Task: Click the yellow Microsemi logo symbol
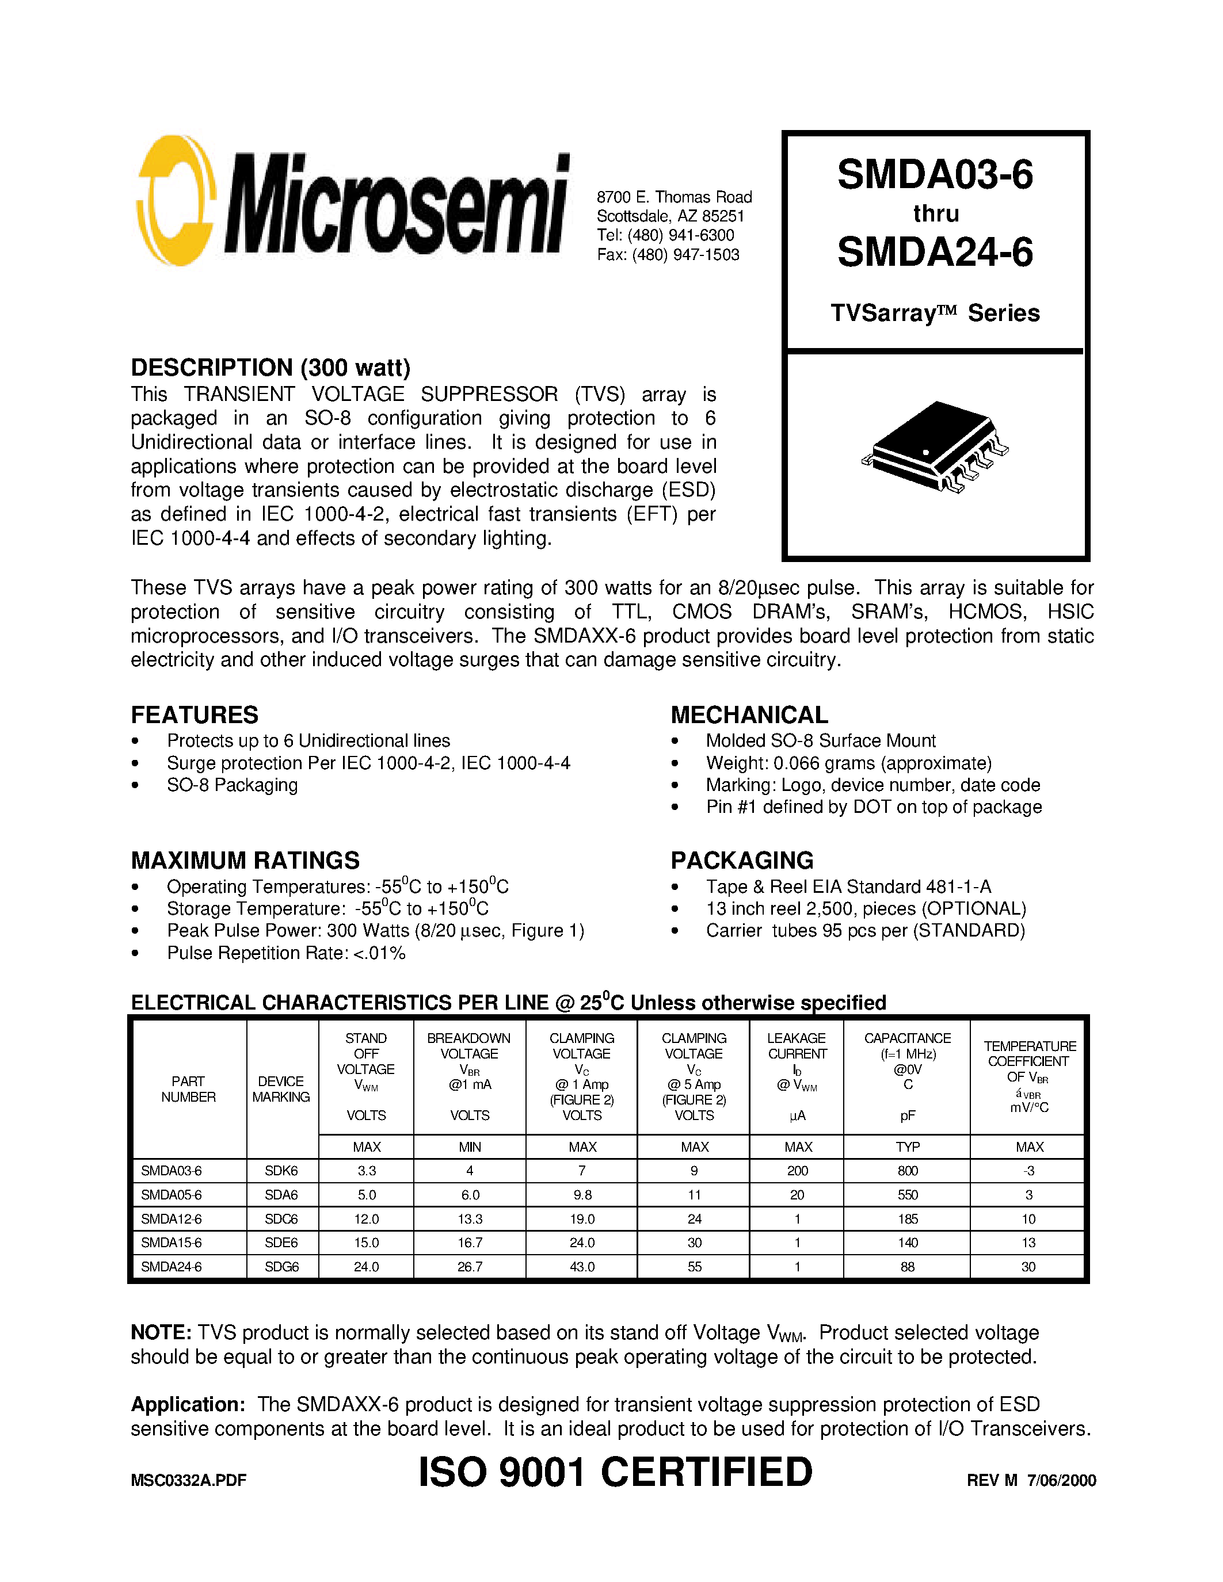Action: pyautogui.click(x=176, y=201)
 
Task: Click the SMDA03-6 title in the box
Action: pyautogui.click(x=935, y=175)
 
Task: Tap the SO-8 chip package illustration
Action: pyautogui.click(x=935, y=448)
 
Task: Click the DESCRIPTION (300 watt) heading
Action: pyautogui.click(x=270, y=368)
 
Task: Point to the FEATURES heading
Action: pyautogui.click(x=194, y=715)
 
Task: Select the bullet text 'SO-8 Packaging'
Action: pyautogui.click(x=232, y=785)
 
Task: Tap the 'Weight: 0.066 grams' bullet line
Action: pyautogui.click(x=848, y=763)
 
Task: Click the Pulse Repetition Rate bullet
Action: pyautogui.click(x=285, y=953)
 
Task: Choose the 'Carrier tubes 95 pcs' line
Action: pyautogui.click(x=865, y=931)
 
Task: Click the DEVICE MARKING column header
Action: pyautogui.click(x=281, y=1089)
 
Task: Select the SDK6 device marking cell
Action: pyautogui.click(x=281, y=1171)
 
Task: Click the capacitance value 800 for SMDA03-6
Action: pyautogui.click(x=907, y=1171)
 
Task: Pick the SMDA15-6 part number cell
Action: pyautogui.click(x=172, y=1243)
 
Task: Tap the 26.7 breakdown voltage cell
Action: pyautogui.click(x=470, y=1267)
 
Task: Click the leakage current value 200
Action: pyautogui.click(x=797, y=1171)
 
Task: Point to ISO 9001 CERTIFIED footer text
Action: pyautogui.click(x=615, y=1473)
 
